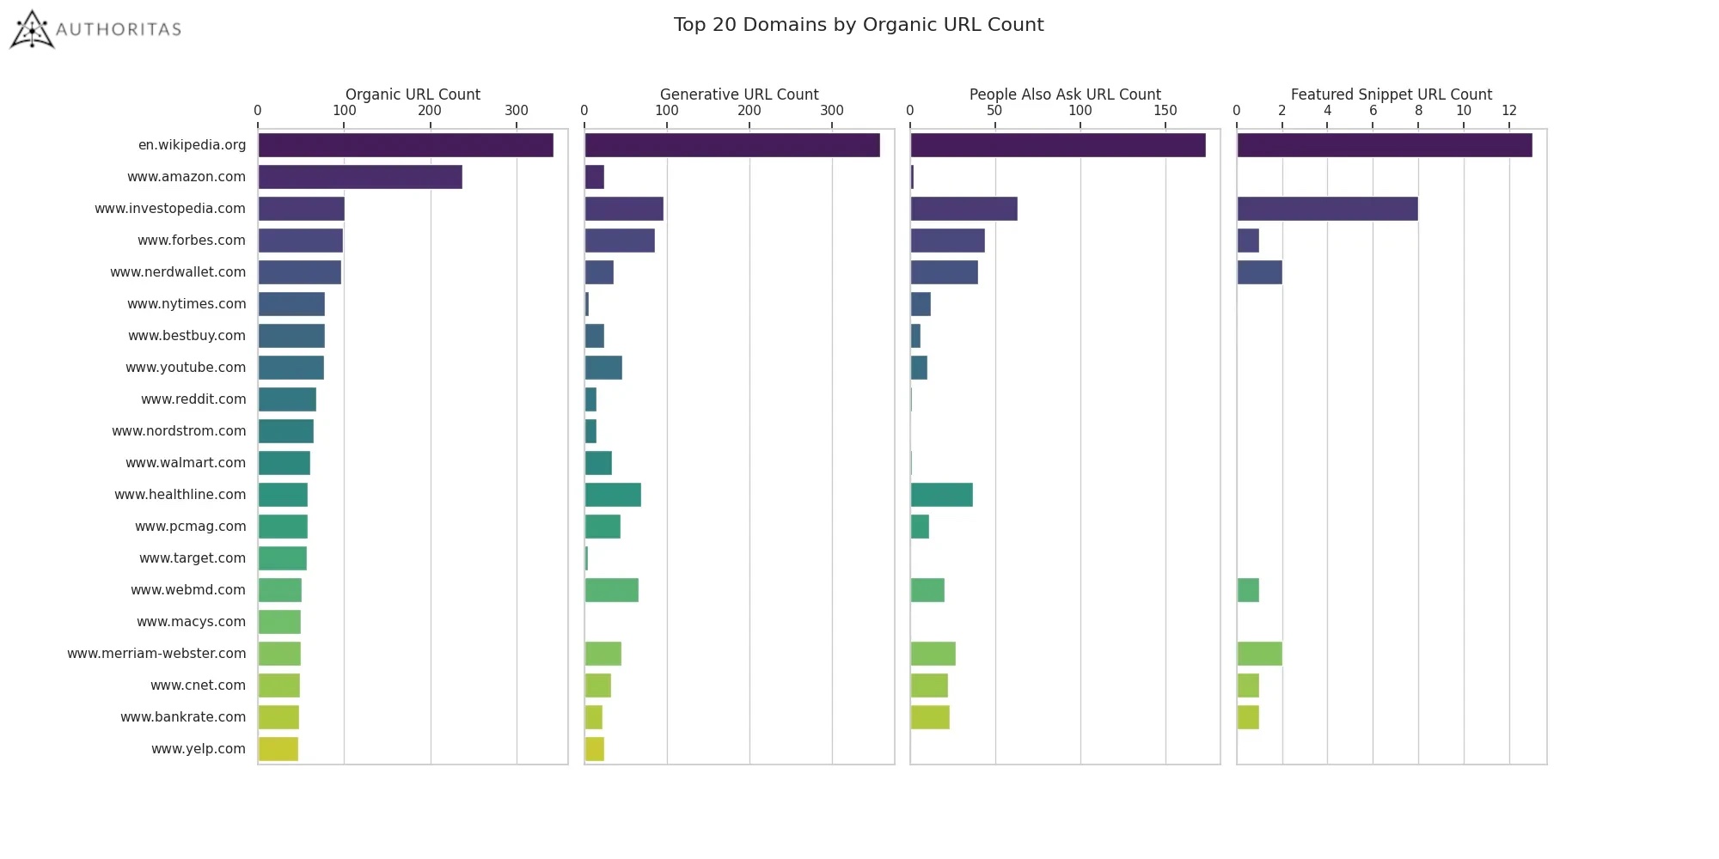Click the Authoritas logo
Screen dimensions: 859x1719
[95, 29]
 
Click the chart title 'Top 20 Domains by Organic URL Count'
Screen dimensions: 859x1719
[858, 25]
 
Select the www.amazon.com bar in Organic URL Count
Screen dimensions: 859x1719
[359, 177]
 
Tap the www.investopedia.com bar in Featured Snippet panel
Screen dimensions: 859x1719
[1326, 209]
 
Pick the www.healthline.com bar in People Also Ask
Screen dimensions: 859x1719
[941, 495]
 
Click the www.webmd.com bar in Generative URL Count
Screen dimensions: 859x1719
[611, 590]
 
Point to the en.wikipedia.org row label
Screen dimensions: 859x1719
[192, 145]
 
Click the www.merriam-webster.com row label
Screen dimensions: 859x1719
[156, 654]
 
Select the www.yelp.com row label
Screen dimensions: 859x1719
[198, 749]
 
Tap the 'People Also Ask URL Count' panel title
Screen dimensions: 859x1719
[1064, 94]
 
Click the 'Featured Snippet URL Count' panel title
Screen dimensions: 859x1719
[1391, 94]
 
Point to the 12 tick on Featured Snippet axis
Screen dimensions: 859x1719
[1508, 111]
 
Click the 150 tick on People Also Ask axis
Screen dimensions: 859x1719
[1165, 111]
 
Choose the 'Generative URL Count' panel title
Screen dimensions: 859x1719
[738, 94]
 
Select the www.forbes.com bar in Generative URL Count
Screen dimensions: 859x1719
[619, 241]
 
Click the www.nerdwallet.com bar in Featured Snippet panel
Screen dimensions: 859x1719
[1259, 272]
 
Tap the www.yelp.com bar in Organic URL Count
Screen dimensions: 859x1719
[278, 749]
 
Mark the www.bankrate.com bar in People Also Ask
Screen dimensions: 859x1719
[929, 717]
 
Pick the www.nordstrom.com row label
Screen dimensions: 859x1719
[179, 431]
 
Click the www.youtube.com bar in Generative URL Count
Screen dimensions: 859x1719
[603, 368]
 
